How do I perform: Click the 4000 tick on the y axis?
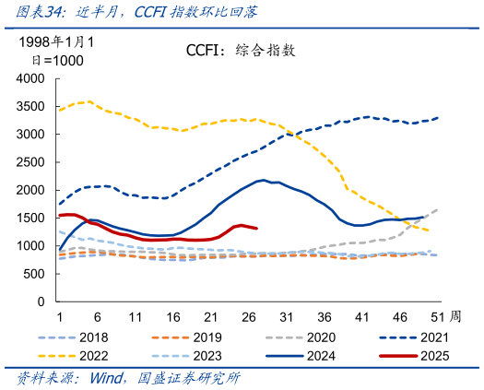30,78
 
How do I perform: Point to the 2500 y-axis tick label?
30,162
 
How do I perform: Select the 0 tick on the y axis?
41,301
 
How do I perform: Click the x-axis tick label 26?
248,316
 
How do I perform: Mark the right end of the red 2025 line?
256,228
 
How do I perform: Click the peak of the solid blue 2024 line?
264,180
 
